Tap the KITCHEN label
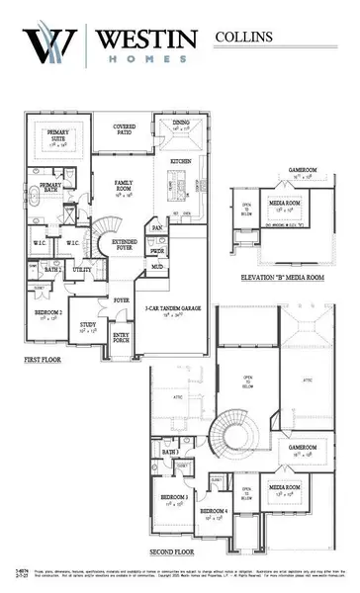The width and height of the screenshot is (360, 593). click(180, 160)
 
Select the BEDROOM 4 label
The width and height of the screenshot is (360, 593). click(212, 512)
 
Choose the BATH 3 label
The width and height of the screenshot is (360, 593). click(170, 453)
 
